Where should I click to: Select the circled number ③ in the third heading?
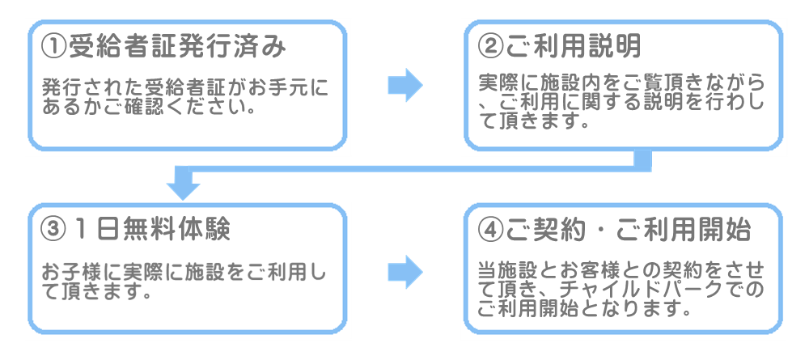pyautogui.click(x=53, y=229)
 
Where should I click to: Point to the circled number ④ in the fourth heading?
pyautogui.click(x=490, y=229)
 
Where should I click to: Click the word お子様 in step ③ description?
pyautogui.click(x=68, y=273)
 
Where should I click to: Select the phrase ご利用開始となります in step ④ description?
pyautogui.click(x=582, y=309)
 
